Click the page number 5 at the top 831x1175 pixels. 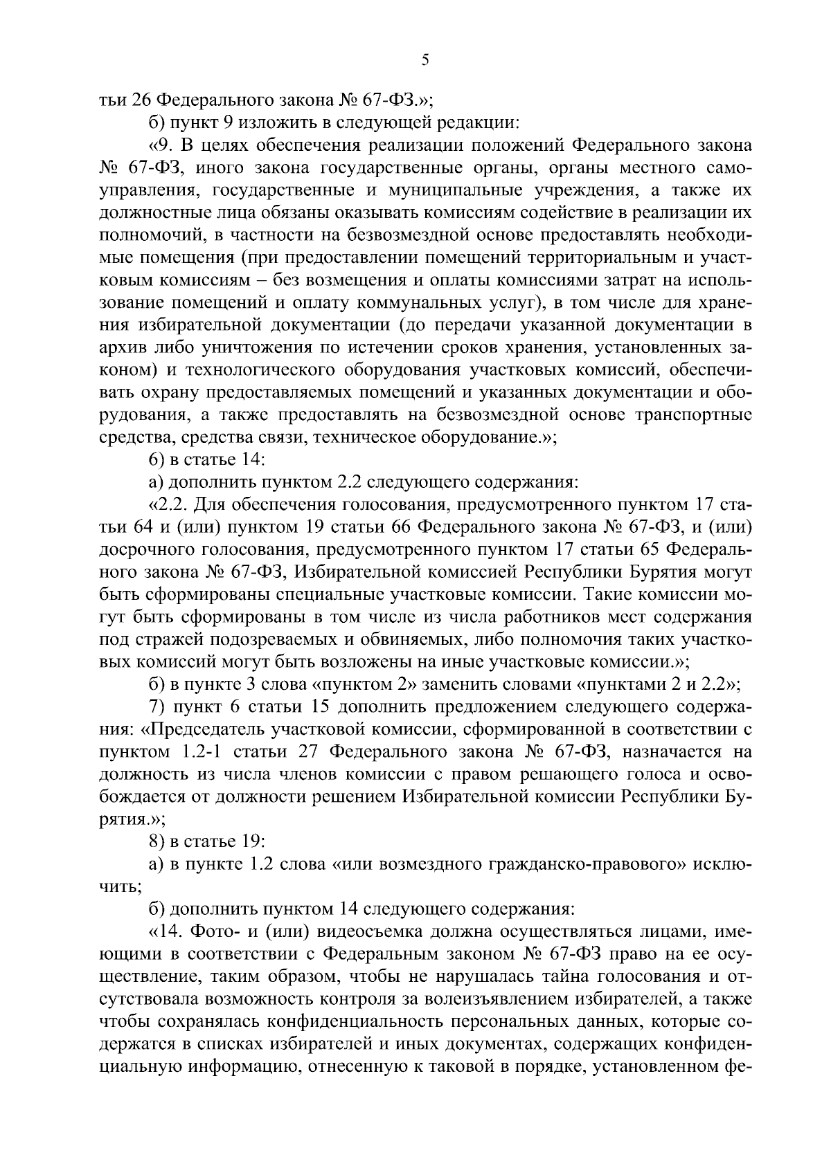tap(425, 61)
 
